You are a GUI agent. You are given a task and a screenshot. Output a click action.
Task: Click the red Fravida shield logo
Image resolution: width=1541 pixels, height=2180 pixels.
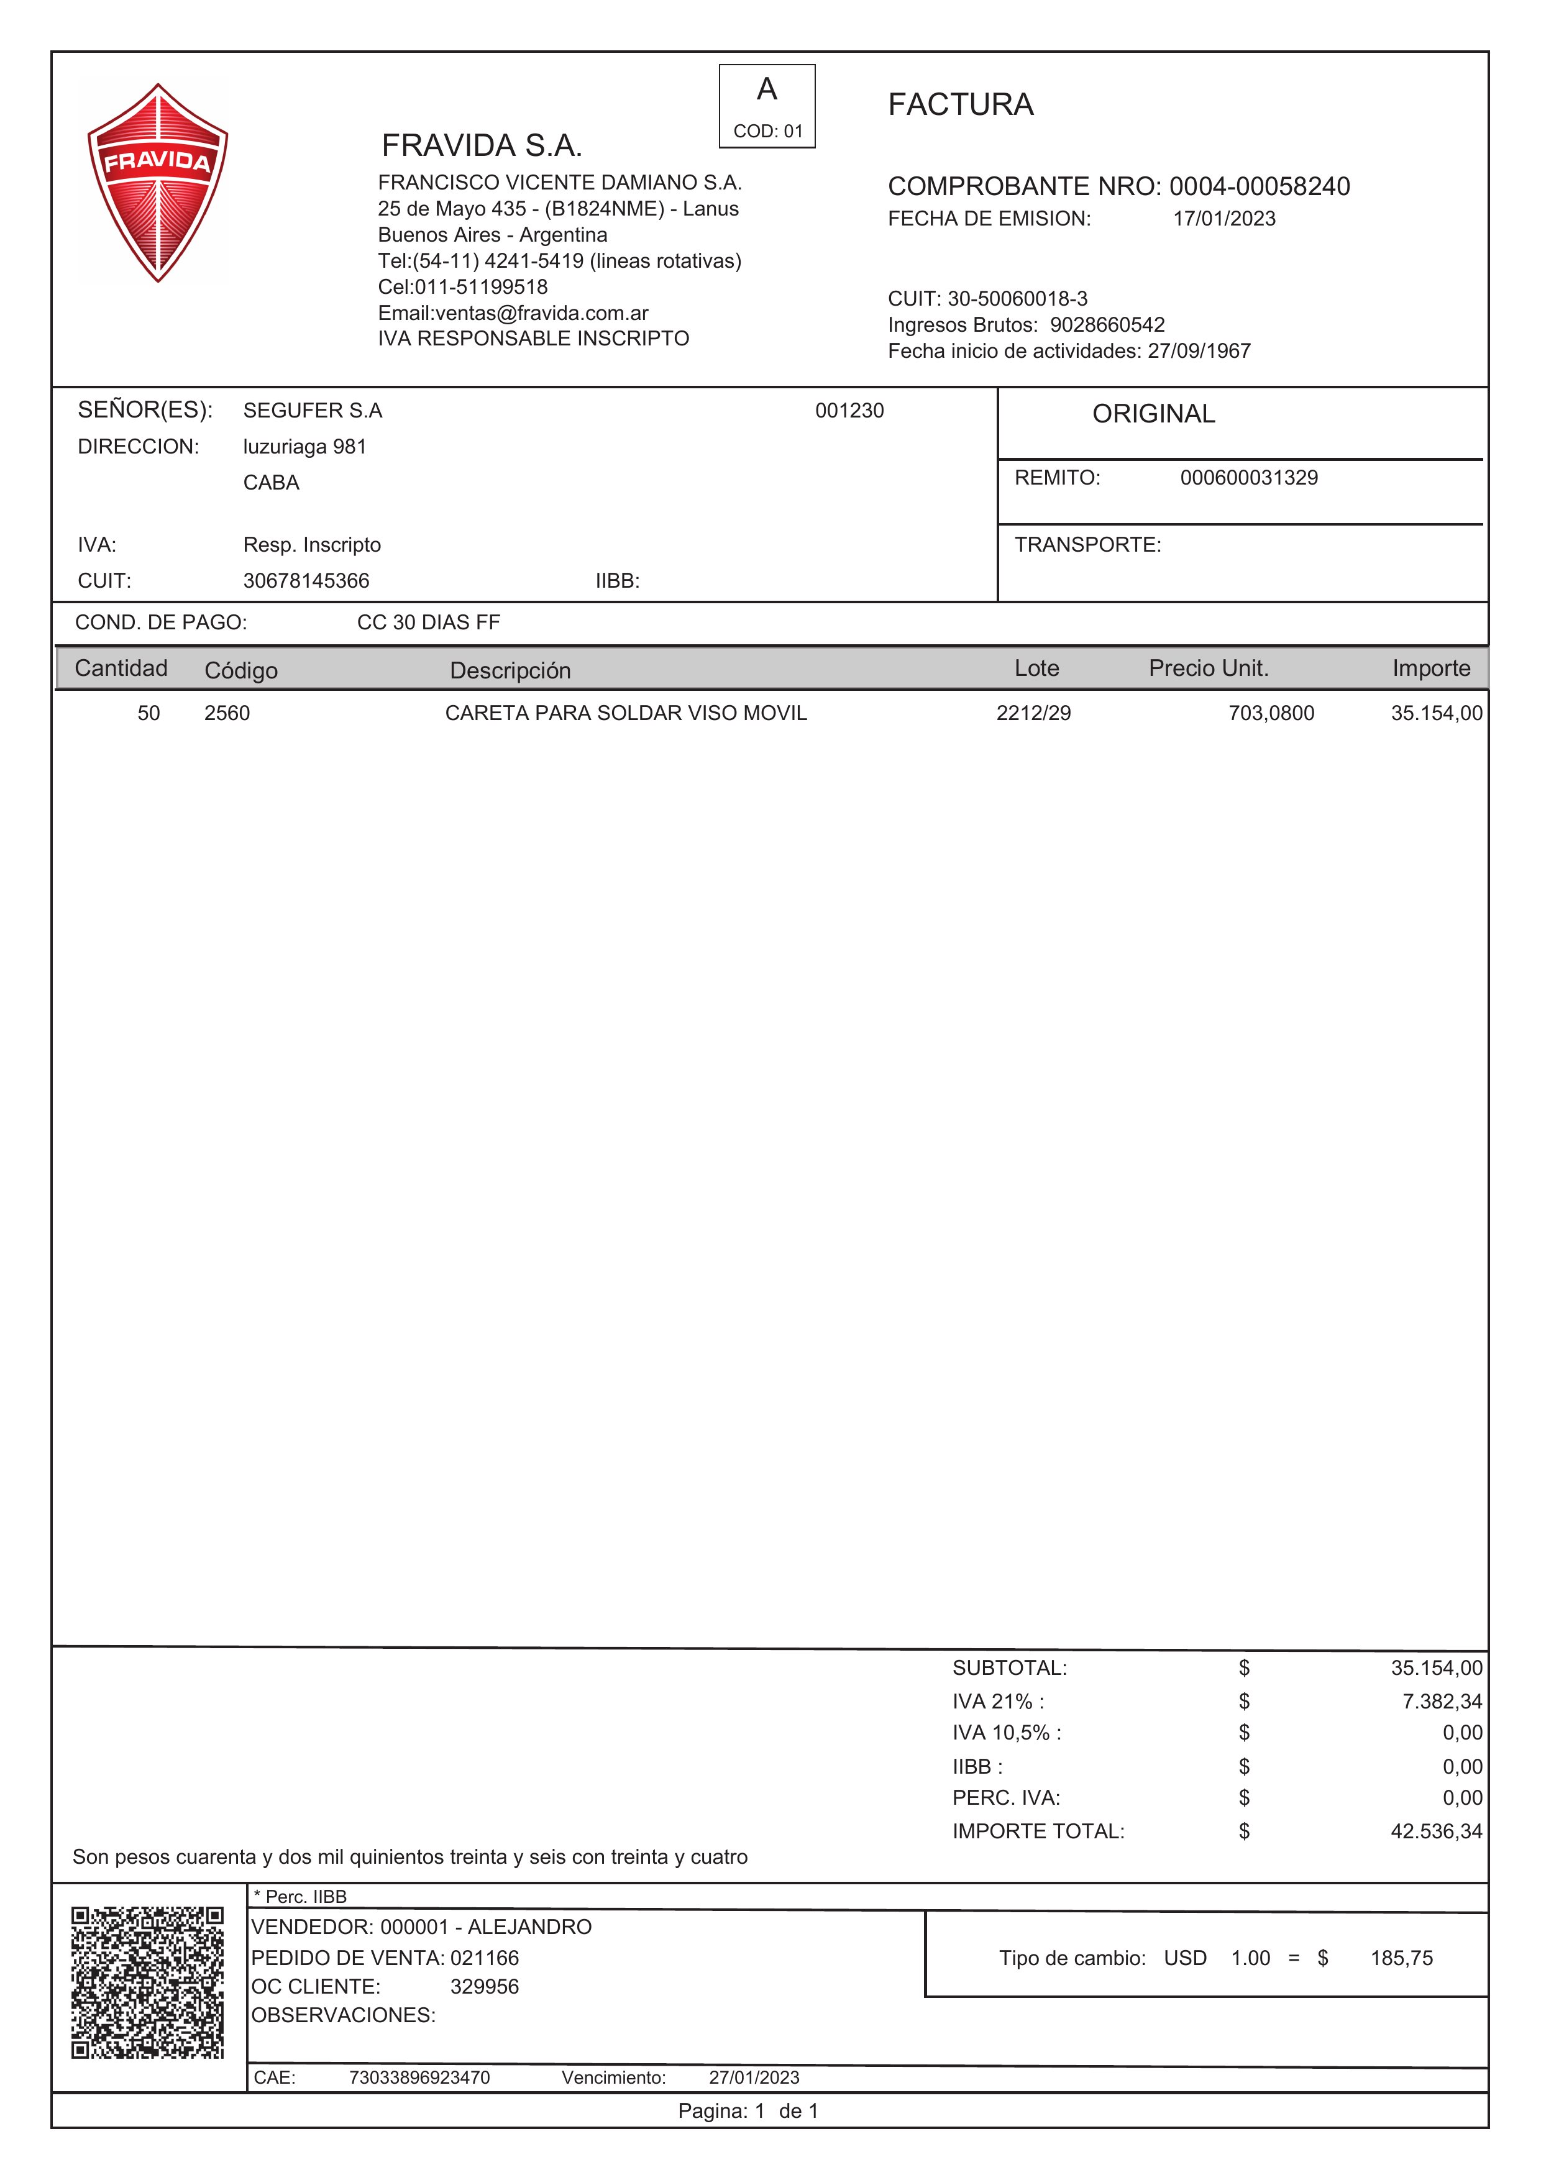click(x=158, y=182)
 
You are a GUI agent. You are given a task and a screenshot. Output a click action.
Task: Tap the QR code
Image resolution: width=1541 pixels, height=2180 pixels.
click(x=147, y=1982)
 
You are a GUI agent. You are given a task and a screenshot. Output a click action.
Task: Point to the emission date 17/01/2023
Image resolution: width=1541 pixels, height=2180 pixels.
click(x=1224, y=219)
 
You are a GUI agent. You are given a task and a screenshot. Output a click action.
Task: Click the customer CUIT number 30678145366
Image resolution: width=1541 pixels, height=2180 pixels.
click(x=306, y=581)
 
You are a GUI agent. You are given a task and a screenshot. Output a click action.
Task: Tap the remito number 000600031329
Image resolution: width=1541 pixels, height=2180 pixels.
click(x=1248, y=478)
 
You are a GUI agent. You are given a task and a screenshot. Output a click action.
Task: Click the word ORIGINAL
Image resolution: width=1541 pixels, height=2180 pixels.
click(x=1154, y=414)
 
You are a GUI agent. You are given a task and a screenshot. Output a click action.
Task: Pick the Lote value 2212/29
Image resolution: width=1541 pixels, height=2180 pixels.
click(x=1033, y=713)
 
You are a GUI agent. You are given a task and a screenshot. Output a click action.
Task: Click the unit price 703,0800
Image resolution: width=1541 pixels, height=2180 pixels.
click(x=1271, y=713)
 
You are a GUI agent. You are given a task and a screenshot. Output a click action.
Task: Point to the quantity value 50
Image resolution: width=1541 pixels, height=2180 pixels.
click(x=149, y=713)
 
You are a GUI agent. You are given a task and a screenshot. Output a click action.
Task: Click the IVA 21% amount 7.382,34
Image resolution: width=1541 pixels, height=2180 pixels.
click(x=1442, y=1702)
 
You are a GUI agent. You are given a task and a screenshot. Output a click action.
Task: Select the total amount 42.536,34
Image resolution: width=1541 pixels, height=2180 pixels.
click(x=1435, y=1831)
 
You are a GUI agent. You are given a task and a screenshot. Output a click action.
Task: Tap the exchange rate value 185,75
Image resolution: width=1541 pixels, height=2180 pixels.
click(x=1401, y=1958)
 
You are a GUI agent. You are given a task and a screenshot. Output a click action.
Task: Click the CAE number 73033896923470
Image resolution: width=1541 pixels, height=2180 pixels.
click(x=419, y=2077)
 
